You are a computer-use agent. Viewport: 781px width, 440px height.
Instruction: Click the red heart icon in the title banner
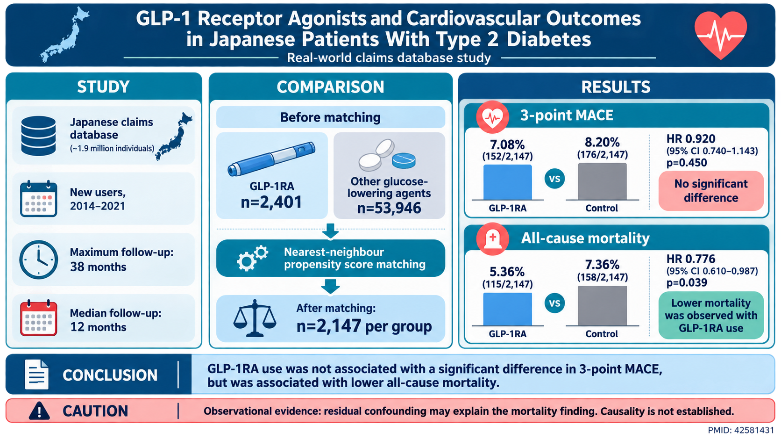coord(720,35)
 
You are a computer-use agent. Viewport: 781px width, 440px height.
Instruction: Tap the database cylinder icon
coord(38,136)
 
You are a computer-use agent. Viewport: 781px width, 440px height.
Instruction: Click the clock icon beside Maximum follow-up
coord(38,260)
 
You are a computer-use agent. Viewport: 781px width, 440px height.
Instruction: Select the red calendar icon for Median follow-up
coord(38,318)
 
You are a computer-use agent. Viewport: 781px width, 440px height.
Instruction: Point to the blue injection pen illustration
coord(271,159)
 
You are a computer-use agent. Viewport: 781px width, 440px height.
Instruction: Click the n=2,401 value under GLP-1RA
coord(271,202)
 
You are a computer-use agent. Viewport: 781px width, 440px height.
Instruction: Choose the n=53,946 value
coord(389,209)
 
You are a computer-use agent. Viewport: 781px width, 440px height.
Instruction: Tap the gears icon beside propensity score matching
coord(252,258)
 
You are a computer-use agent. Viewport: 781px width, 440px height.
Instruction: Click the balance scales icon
coord(255,318)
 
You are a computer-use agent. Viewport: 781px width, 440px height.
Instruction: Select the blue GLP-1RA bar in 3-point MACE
coord(507,182)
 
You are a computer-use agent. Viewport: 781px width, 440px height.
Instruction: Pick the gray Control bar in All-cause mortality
coord(602,306)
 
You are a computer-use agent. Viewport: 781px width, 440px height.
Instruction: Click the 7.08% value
coord(507,144)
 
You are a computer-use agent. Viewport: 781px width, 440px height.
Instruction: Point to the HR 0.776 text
coord(691,259)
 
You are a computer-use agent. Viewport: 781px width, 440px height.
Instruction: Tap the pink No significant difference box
coord(711,191)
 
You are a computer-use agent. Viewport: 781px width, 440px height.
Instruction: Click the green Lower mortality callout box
coord(711,315)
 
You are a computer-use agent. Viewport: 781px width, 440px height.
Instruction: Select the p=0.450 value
coord(687,163)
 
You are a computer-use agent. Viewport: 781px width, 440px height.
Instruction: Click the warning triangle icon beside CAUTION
coord(39,411)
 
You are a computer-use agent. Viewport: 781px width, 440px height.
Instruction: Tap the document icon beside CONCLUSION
coord(36,375)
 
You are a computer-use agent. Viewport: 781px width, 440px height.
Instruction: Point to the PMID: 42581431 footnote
coord(740,430)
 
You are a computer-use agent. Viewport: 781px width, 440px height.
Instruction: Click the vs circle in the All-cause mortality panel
coord(554,303)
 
